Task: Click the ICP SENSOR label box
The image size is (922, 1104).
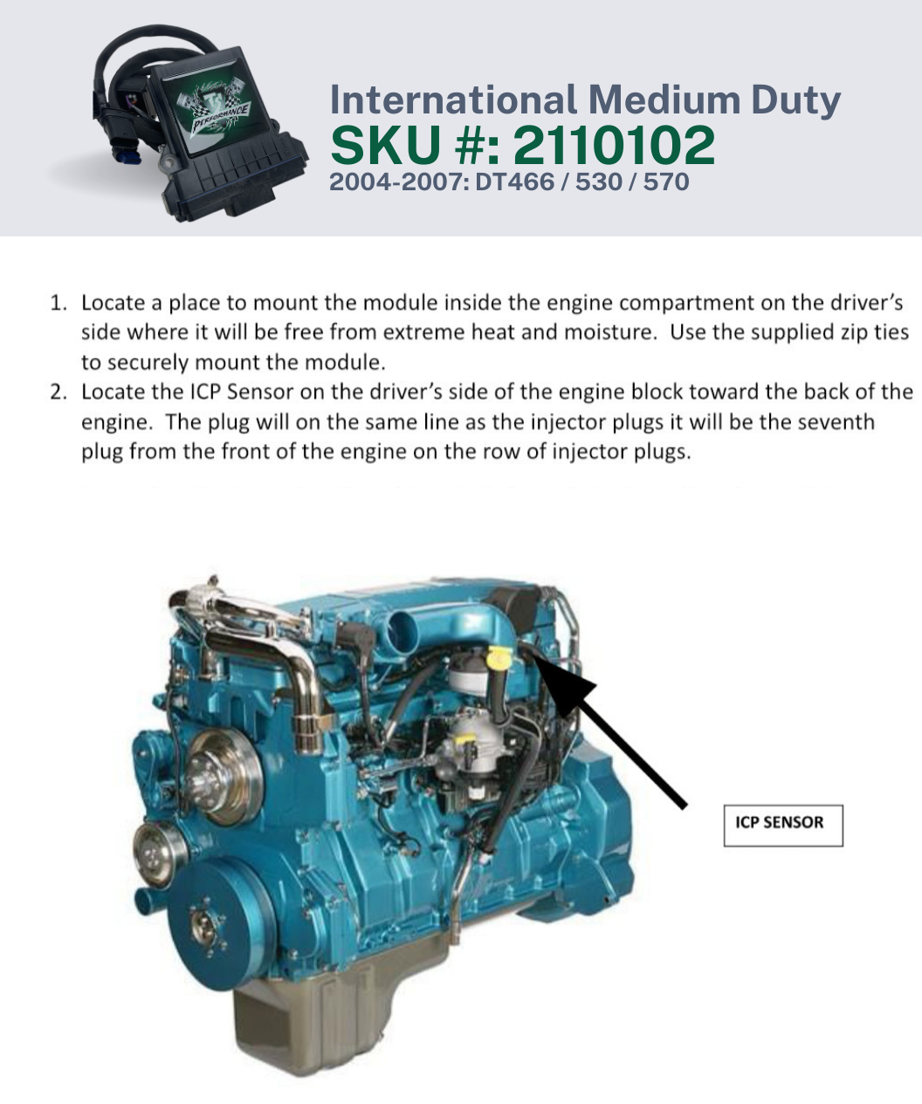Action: [x=783, y=826]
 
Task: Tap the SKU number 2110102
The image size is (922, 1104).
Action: [x=614, y=146]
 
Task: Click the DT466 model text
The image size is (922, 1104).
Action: [x=514, y=182]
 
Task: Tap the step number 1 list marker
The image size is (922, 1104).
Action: [x=58, y=303]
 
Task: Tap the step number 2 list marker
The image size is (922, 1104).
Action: [x=58, y=393]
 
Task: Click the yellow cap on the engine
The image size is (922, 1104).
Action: [x=499, y=658]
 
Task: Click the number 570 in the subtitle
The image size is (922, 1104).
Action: [x=666, y=182]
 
